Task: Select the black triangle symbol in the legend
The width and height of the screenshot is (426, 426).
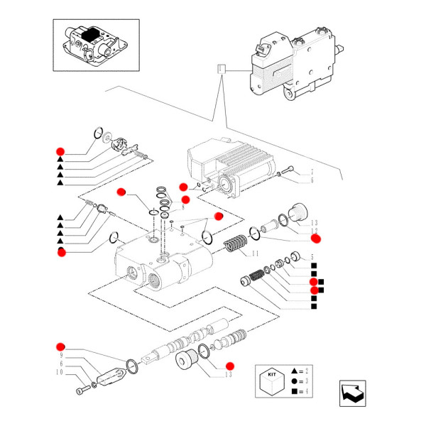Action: click(294, 371)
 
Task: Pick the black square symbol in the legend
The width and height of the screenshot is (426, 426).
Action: click(294, 390)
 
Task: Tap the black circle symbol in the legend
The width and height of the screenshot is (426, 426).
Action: click(294, 381)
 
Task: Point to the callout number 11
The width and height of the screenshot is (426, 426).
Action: click(254, 253)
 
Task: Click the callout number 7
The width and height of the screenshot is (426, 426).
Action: click(311, 173)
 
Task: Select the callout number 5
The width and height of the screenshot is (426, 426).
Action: click(312, 256)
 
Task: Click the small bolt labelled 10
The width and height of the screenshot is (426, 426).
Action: click(84, 388)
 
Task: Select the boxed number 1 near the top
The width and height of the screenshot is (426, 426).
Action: click(222, 70)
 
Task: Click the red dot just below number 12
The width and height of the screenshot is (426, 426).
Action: click(316, 239)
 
